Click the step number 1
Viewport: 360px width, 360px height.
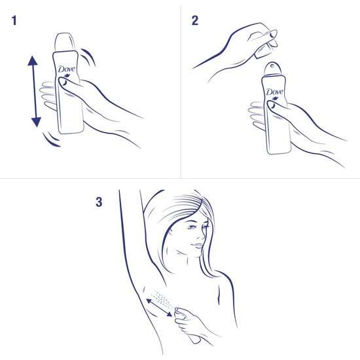[14, 20]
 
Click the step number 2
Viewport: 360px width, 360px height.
[194, 20]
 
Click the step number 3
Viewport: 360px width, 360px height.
[99, 202]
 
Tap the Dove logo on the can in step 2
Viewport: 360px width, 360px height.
[275, 92]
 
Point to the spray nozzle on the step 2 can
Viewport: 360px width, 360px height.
[274, 66]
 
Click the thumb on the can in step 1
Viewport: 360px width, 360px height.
[65, 81]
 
